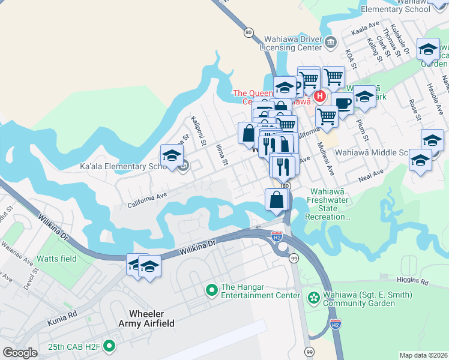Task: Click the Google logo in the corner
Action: tap(20, 353)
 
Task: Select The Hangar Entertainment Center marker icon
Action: tap(211, 291)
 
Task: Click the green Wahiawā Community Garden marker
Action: tap(313, 298)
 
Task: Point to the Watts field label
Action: tap(57, 259)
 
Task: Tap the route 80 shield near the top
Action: tap(249, 33)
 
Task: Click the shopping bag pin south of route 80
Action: tap(276, 199)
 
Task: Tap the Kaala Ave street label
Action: tap(366, 26)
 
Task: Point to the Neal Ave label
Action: tap(370, 173)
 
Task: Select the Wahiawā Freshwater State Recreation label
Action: tap(327, 204)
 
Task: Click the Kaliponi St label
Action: tap(199, 133)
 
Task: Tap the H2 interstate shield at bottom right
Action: tap(336, 325)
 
